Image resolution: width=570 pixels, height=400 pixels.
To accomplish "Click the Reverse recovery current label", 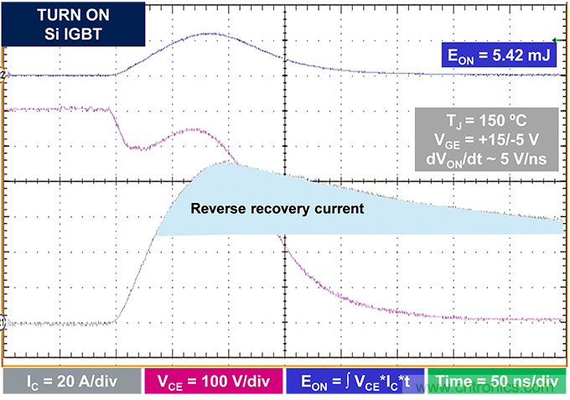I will (x=277, y=208).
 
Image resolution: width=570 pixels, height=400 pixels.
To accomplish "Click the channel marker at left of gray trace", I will (x=3, y=321).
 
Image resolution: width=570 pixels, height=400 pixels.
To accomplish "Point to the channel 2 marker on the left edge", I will (x=3, y=75).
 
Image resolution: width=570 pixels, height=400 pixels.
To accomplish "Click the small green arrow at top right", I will (x=556, y=39).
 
